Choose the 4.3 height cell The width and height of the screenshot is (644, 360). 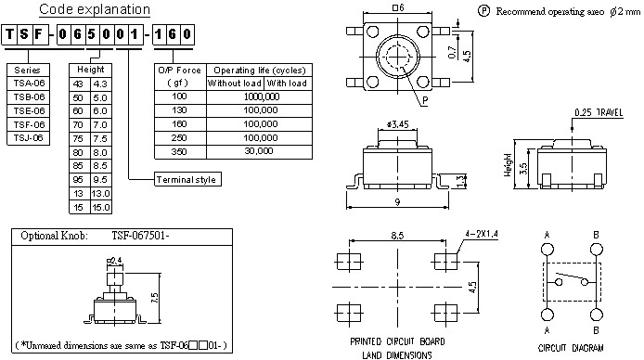[x=100, y=84]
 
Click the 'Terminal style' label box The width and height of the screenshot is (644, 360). [x=187, y=179]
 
